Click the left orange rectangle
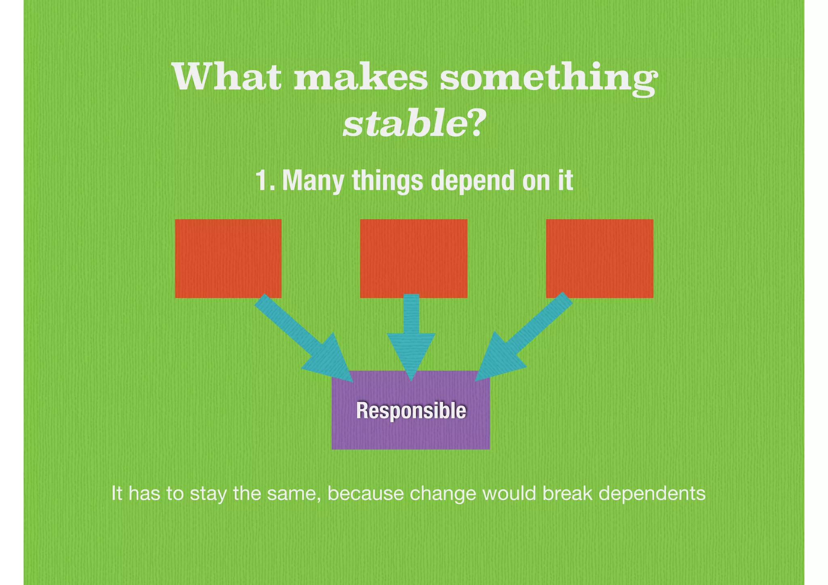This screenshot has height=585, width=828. (x=228, y=258)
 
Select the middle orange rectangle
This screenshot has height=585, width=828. (x=413, y=258)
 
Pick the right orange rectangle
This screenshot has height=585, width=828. (x=599, y=258)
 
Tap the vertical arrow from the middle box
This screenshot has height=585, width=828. (x=411, y=336)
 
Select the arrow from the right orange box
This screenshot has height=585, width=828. (x=522, y=340)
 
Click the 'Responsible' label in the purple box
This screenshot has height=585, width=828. (x=411, y=411)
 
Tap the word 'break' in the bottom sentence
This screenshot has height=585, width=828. (x=567, y=494)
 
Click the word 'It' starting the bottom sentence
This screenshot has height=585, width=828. (x=116, y=494)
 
